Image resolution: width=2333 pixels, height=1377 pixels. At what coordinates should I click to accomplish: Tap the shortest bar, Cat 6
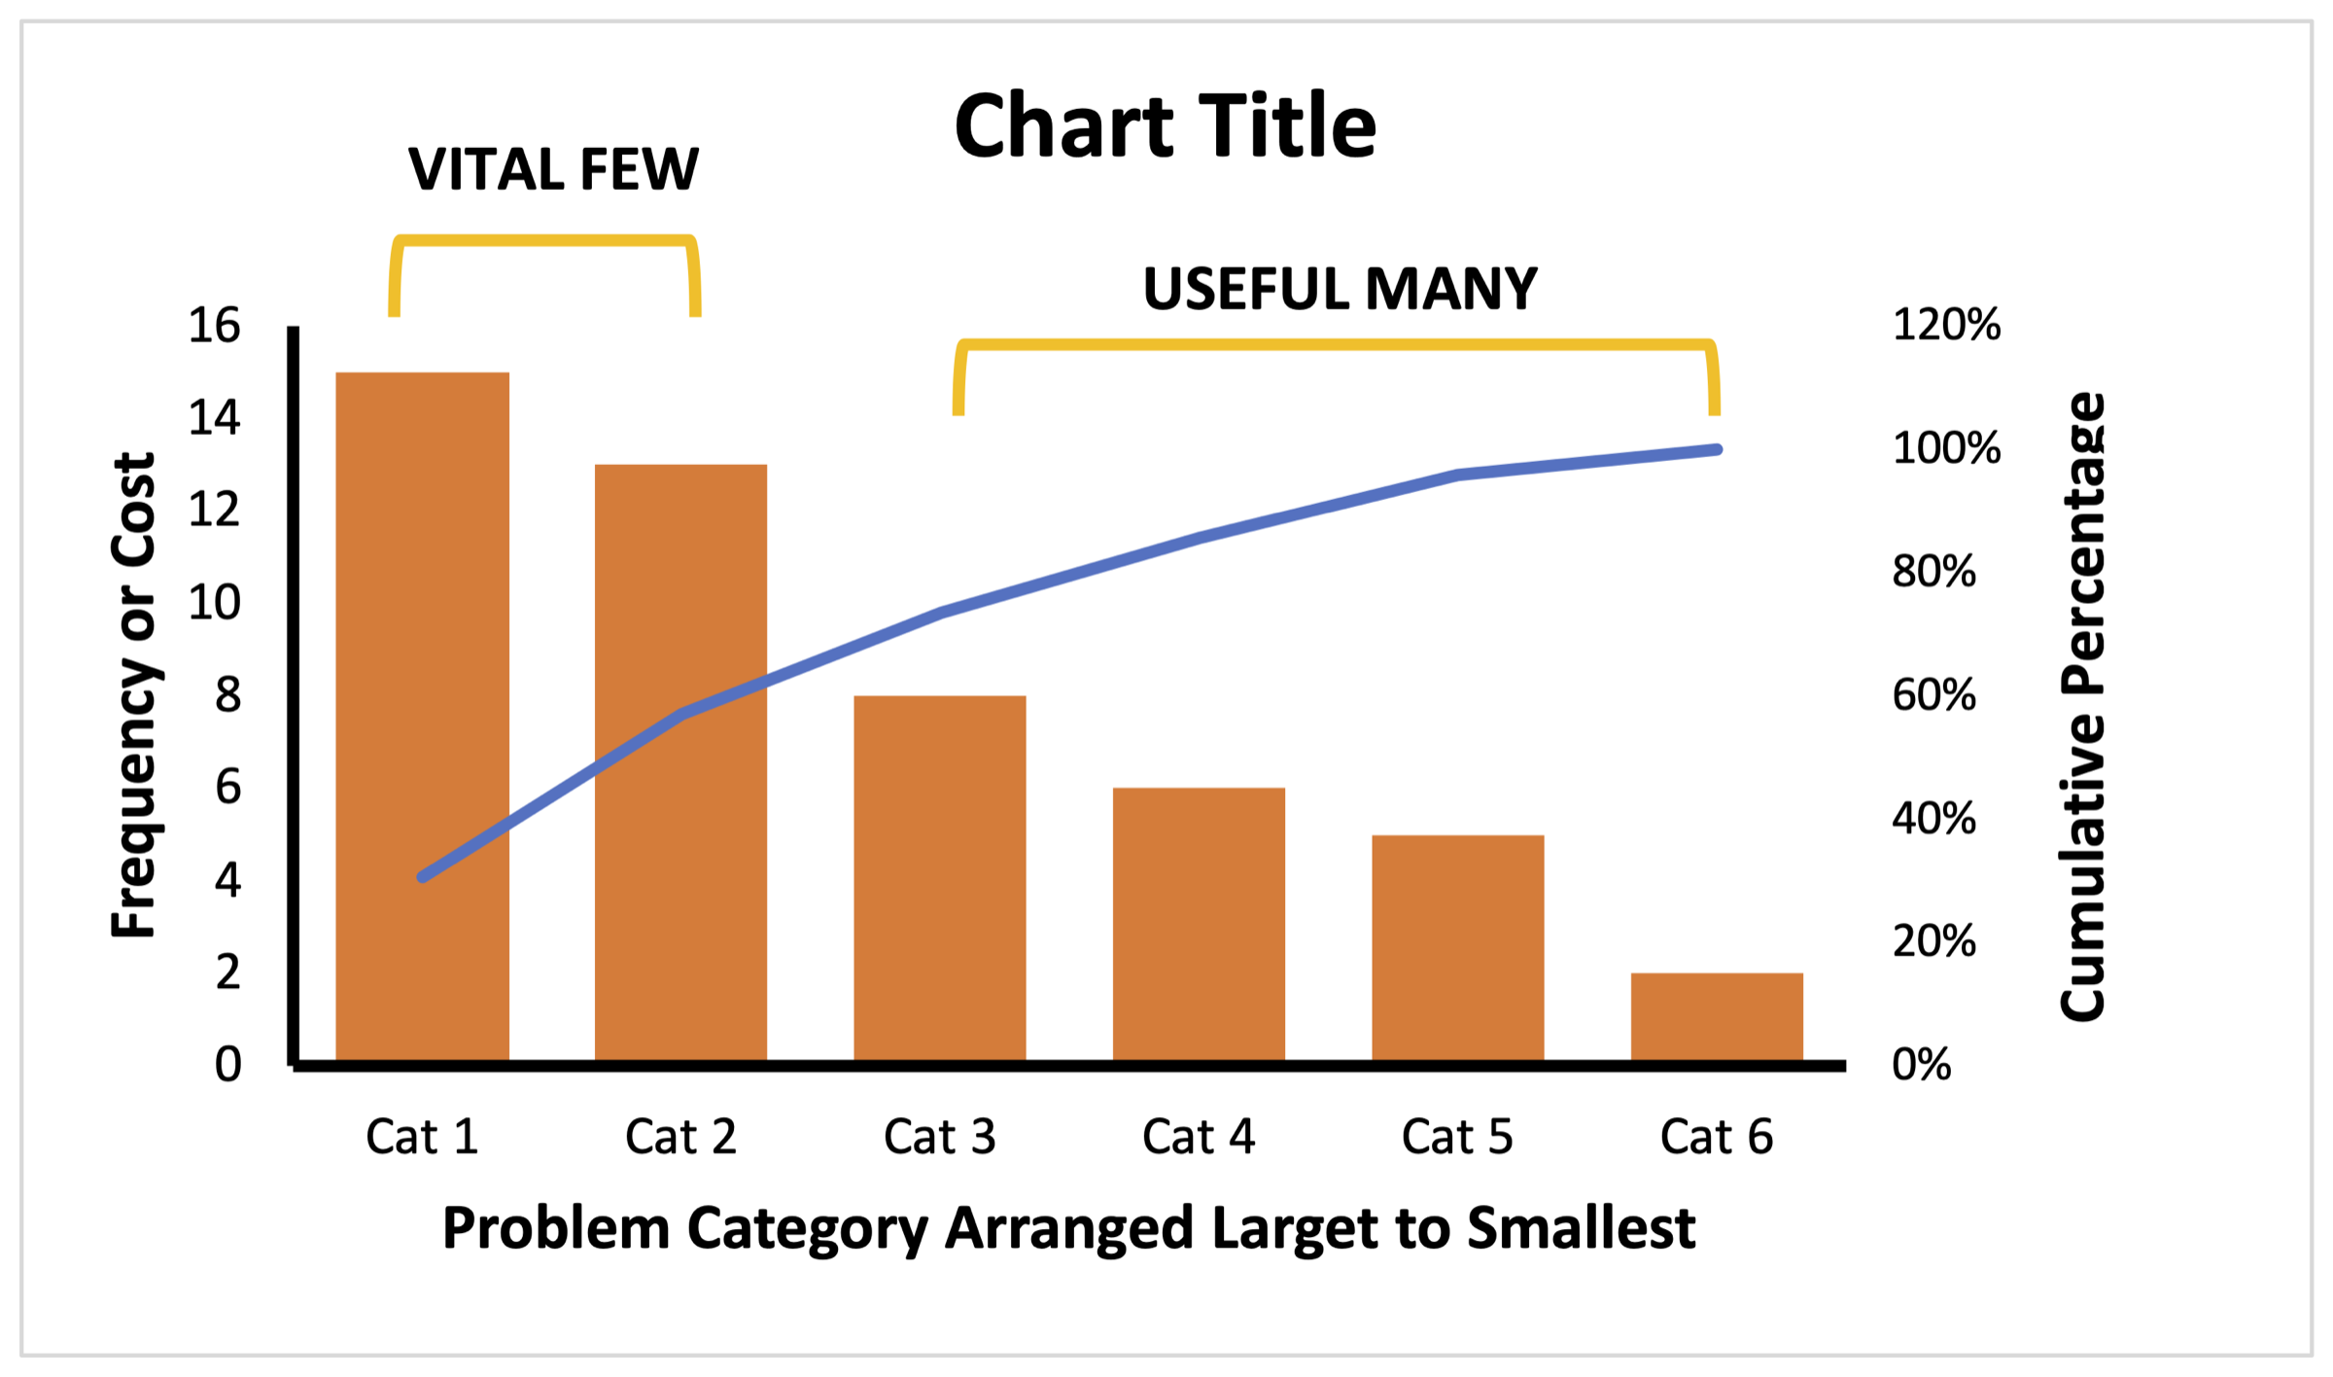(x=1717, y=1016)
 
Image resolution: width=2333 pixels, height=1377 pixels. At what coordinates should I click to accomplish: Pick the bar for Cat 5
(x=1458, y=947)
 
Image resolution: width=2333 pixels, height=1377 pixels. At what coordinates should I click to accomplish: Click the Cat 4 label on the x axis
(x=1199, y=1136)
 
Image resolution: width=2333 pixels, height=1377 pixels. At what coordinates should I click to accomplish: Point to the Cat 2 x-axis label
(x=680, y=1136)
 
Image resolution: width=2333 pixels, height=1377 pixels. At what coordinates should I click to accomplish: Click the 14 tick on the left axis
(x=214, y=418)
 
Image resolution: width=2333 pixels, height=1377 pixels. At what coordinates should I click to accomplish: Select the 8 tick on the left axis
(x=227, y=695)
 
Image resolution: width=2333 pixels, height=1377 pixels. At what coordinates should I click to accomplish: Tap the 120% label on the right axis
(x=1946, y=325)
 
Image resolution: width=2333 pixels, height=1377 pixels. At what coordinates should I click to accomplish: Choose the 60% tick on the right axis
(x=1933, y=695)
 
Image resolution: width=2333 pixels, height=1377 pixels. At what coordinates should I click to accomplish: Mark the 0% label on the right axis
(x=1921, y=1065)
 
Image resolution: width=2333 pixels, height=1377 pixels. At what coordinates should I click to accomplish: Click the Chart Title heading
(x=1166, y=126)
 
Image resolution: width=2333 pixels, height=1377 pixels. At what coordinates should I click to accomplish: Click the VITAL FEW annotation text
(x=553, y=169)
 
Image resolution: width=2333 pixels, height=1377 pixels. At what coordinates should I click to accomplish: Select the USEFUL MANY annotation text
(x=1340, y=289)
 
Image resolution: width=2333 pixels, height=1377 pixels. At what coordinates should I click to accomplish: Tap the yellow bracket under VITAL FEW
(x=544, y=241)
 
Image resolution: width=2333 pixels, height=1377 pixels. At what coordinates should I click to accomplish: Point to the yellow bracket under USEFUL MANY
(x=1337, y=345)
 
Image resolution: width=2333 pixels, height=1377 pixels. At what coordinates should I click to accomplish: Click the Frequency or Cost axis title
(x=134, y=695)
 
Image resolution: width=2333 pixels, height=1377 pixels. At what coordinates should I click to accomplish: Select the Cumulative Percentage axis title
(x=2082, y=707)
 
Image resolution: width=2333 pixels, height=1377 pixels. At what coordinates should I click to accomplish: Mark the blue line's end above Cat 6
(x=1717, y=450)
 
